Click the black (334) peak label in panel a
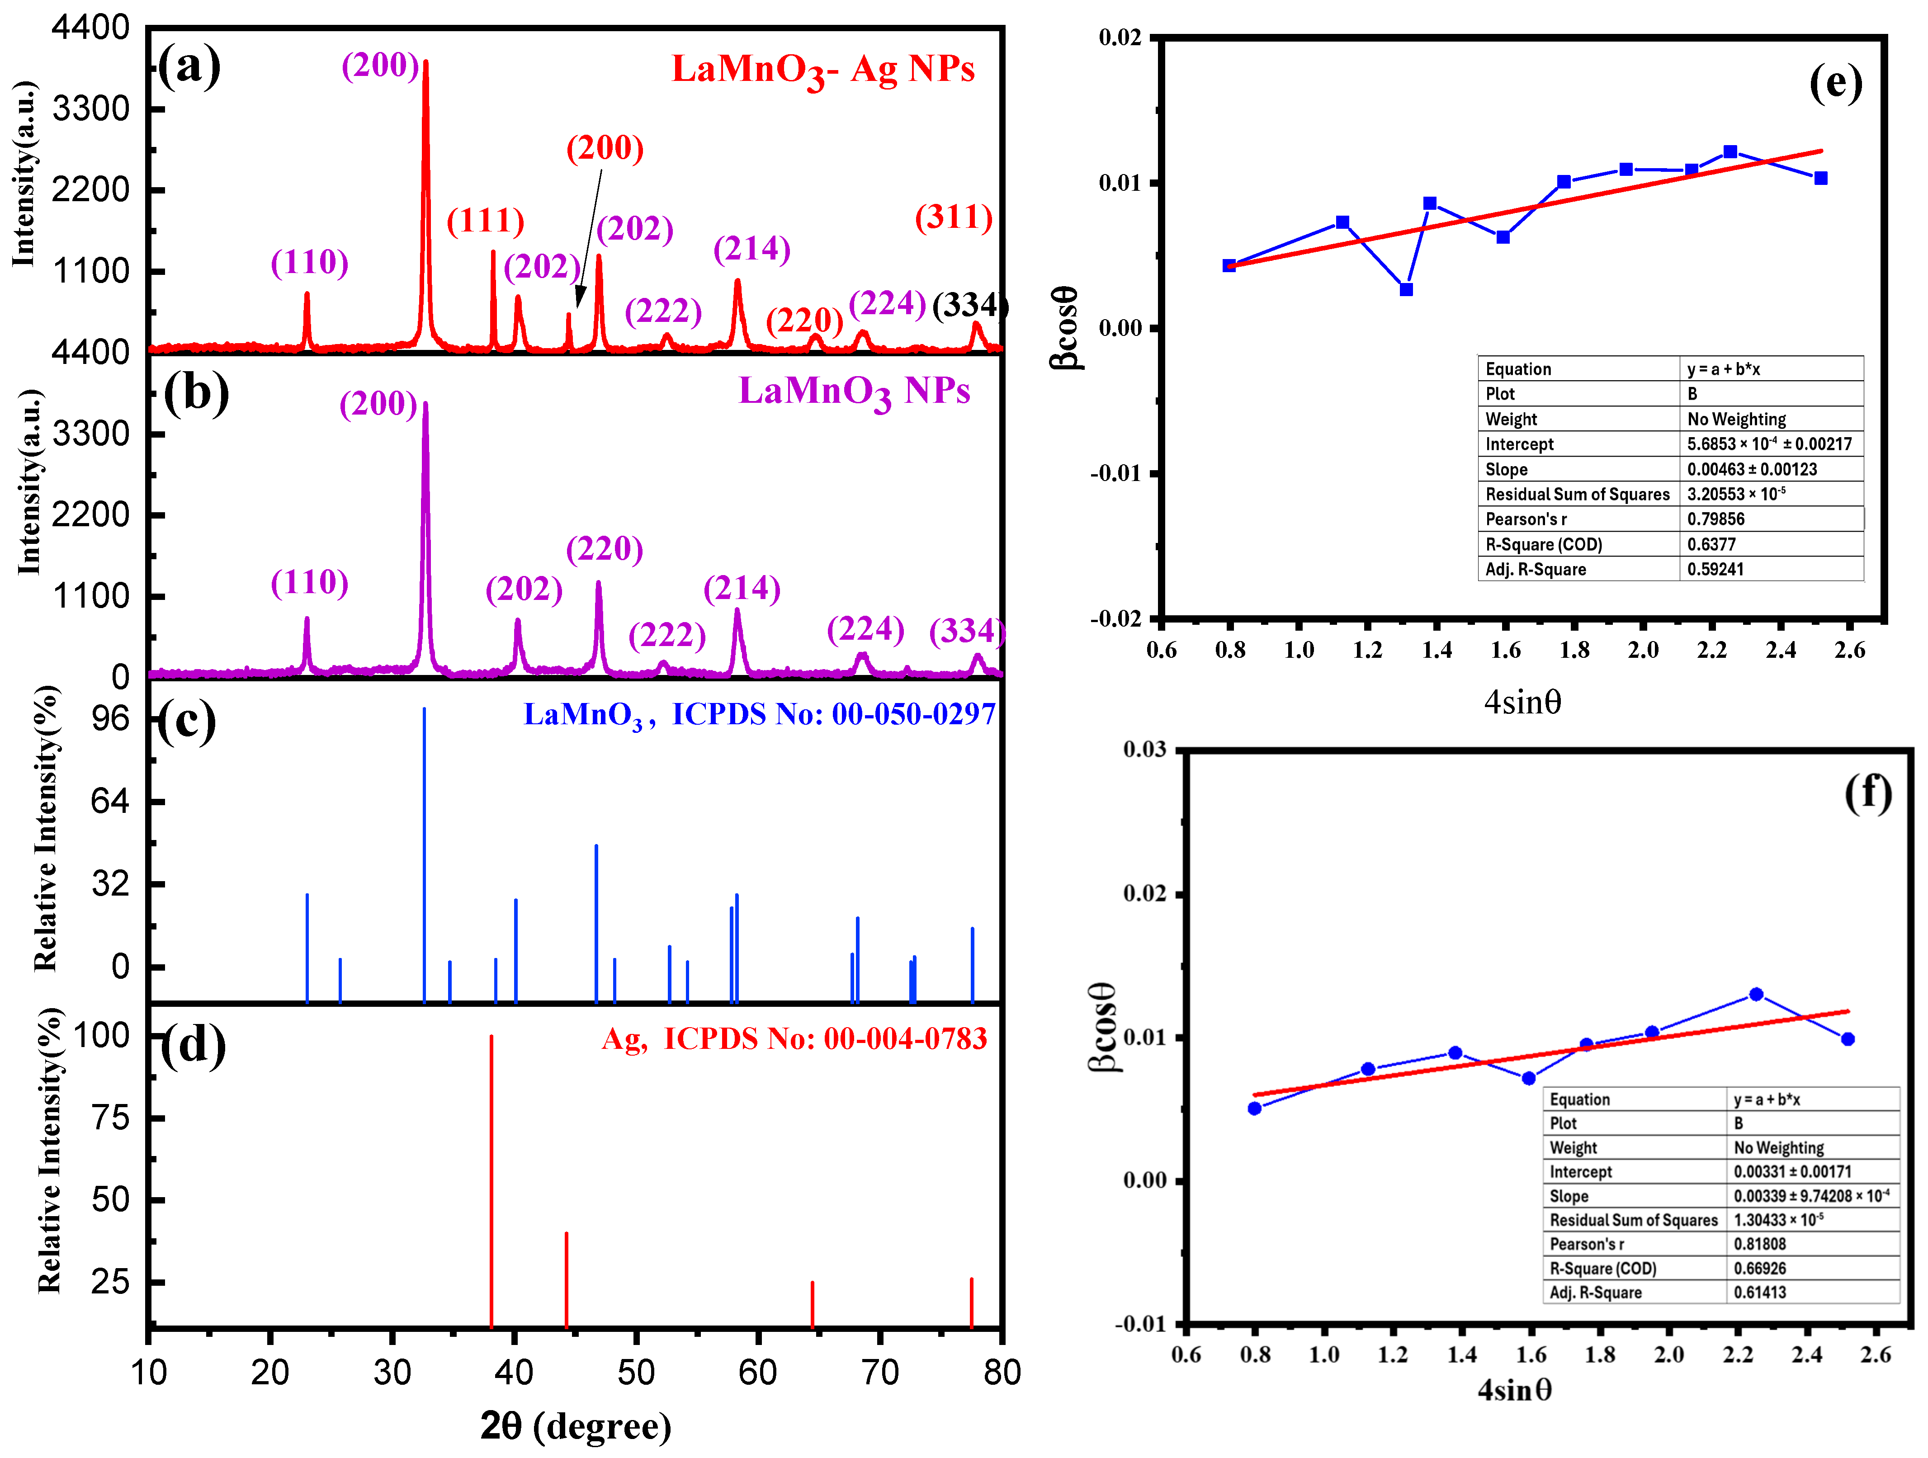(970, 305)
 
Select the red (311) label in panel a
(954, 217)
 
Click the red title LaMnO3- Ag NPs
(823, 70)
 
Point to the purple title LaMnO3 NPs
(854, 392)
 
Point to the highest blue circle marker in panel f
(1756, 994)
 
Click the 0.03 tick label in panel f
(1144, 750)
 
